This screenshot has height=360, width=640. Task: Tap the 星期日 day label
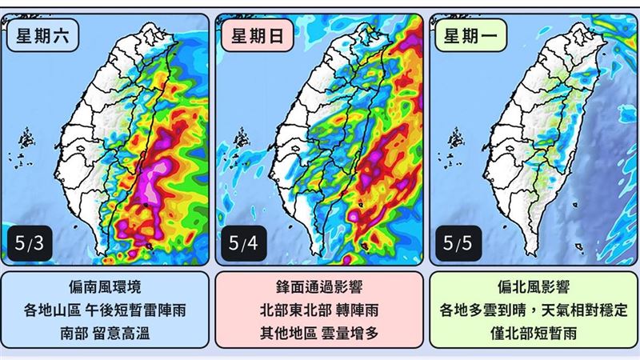tap(252, 37)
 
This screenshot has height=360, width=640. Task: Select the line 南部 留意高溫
tap(106, 332)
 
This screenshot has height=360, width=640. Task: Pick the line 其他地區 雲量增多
tap(320, 332)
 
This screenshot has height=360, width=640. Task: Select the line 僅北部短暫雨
tap(534, 332)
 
